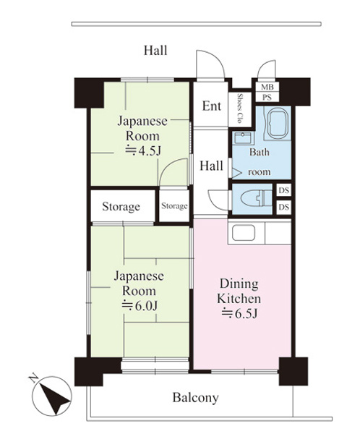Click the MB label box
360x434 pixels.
[267, 87]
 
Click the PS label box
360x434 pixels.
[267, 97]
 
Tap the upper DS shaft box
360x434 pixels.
[284, 190]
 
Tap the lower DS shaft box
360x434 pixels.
[284, 207]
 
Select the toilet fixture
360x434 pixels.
[257, 198]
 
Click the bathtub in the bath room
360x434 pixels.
[278, 123]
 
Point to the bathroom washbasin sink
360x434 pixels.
[244, 138]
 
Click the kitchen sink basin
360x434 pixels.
[244, 232]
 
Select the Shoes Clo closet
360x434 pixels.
[240, 109]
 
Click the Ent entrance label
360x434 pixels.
[211, 106]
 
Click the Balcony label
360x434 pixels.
[196, 398]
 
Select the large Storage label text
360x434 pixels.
[121, 206]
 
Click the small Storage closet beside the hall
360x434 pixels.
[174, 205]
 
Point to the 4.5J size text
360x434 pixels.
[143, 151]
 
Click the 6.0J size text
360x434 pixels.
[140, 305]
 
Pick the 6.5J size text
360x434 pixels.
[239, 313]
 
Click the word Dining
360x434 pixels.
[239, 284]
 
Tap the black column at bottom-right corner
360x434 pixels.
[293, 371]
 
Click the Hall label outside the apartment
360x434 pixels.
[155, 51]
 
